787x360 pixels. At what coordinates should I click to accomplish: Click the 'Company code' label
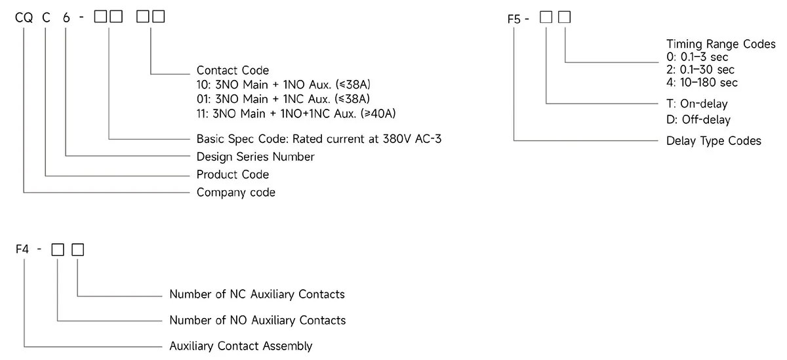point(235,193)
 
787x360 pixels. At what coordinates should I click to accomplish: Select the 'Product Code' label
point(233,174)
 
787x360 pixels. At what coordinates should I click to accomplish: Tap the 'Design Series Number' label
point(255,157)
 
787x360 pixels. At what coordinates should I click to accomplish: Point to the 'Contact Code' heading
point(233,70)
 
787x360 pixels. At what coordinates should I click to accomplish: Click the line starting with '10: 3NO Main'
point(283,85)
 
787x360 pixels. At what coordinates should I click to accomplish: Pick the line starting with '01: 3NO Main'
point(283,99)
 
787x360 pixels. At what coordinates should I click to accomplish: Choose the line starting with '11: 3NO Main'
point(296,114)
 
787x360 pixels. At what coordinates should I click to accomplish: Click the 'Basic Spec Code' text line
point(319,139)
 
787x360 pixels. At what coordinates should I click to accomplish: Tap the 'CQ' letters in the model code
point(24,18)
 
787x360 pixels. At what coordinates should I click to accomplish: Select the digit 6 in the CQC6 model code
point(66,18)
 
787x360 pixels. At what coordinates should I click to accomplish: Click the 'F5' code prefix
point(514,18)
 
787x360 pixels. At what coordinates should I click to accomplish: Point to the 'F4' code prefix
point(22,249)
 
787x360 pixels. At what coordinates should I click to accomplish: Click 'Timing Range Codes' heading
point(721,44)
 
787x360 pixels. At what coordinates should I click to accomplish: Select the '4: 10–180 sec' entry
point(702,83)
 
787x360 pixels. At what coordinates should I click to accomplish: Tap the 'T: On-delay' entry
point(697,104)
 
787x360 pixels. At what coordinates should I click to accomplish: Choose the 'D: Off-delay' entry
point(698,120)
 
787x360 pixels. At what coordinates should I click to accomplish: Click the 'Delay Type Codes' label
point(714,141)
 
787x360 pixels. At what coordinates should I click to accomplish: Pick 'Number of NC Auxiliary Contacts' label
point(257,294)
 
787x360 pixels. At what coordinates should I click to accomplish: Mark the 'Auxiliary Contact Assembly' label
point(241,346)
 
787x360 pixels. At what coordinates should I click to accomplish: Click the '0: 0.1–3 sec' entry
point(697,57)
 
